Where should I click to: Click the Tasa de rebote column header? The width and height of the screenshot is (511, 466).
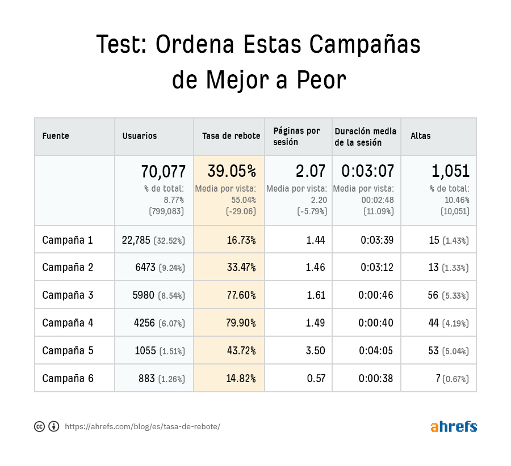coord(231,136)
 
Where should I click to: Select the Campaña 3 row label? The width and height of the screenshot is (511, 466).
coord(68,295)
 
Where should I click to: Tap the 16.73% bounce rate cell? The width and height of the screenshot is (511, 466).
coord(241,240)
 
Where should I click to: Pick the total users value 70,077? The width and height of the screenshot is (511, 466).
coord(163,171)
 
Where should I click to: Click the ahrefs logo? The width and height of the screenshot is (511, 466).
coord(453,426)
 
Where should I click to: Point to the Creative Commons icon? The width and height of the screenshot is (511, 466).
coord(40,427)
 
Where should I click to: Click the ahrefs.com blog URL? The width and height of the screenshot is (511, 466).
coord(142,427)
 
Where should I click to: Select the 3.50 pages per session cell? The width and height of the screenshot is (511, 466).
coord(315,351)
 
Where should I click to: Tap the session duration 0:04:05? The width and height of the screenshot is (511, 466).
coord(375,351)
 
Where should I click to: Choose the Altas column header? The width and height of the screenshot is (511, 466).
coord(420,136)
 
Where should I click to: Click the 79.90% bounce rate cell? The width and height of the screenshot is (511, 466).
coord(241,323)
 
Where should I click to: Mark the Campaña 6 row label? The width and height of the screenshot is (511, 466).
coord(68,379)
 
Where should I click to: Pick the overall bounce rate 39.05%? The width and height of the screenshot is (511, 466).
coord(232,171)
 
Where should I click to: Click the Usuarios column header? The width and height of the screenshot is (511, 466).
coord(140,136)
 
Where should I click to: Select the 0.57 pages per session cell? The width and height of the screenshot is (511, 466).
coord(316,379)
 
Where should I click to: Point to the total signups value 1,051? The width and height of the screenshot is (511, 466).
coord(450,171)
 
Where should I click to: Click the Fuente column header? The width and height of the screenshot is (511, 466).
coord(56,136)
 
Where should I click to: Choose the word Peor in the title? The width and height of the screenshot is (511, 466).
coord(321,80)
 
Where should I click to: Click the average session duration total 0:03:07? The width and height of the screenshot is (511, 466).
coord(367,171)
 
